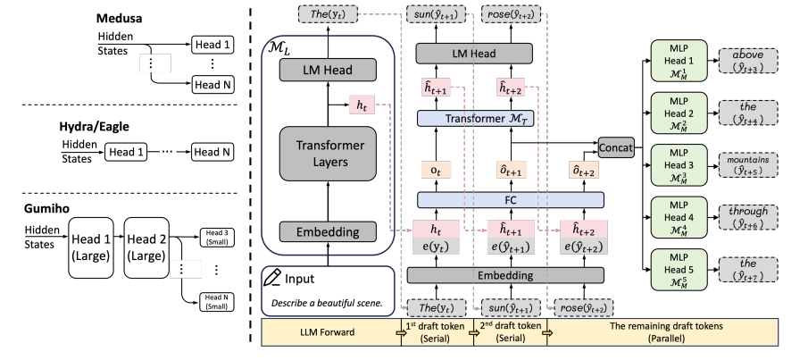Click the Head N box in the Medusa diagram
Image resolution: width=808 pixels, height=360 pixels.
pyautogui.click(x=213, y=84)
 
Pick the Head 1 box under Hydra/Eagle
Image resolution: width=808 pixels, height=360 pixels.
pyautogui.click(x=127, y=153)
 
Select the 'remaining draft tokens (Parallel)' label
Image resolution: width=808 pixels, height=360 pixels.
pyautogui.click(x=675, y=333)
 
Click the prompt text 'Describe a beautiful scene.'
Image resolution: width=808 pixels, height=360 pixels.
pyautogui.click(x=327, y=302)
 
